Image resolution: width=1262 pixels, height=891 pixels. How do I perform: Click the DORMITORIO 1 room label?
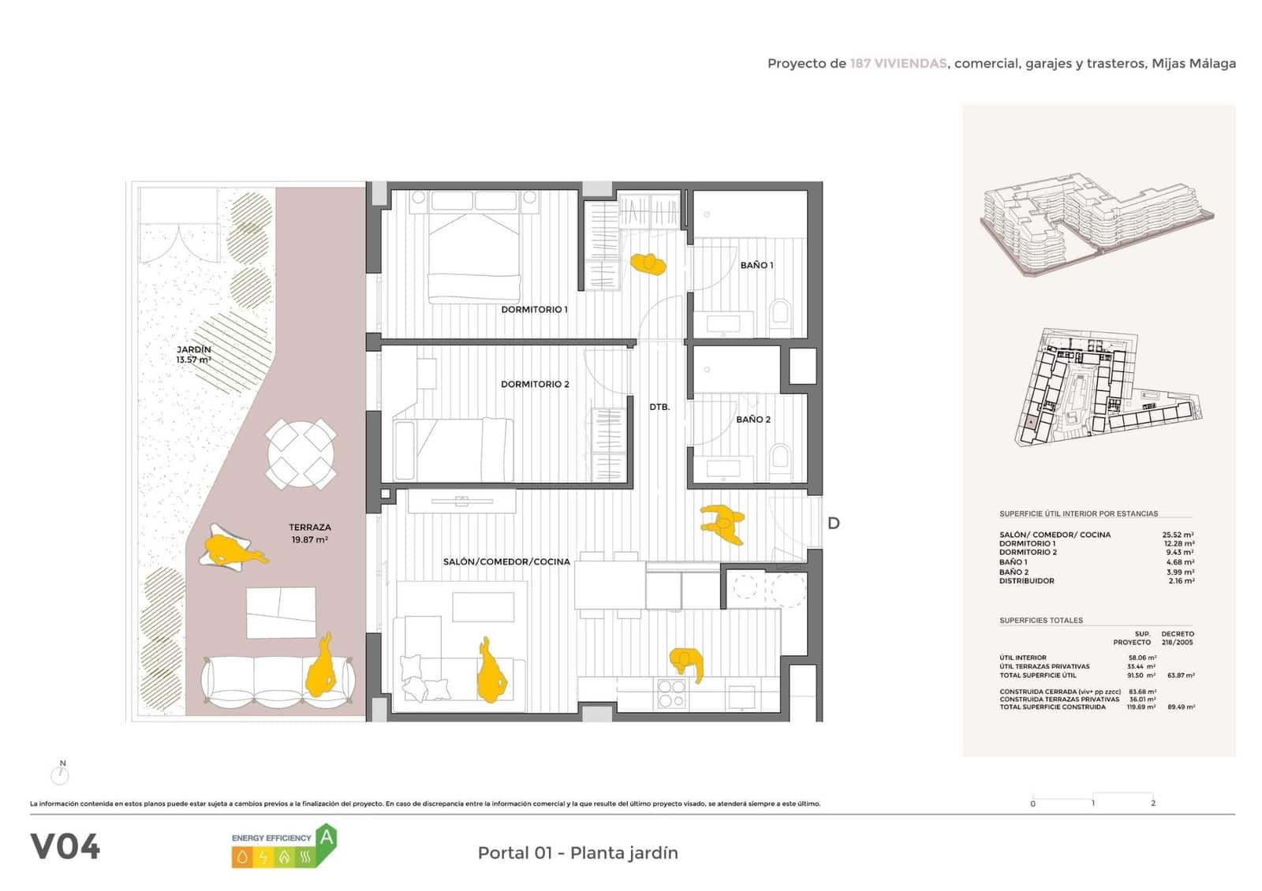pos(534,310)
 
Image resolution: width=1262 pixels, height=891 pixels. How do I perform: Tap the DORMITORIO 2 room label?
pos(535,384)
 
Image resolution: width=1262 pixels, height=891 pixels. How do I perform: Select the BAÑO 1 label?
pos(756,266)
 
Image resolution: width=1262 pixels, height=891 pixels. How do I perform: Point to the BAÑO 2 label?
pos(753,419)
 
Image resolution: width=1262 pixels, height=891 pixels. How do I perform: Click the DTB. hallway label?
pos(659,407)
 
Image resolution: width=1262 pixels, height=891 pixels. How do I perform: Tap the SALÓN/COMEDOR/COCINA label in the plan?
pos(506,562)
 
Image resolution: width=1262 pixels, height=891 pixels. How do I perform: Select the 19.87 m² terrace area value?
pos(309,540)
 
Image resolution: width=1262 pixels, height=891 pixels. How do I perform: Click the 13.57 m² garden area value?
pos(193,360)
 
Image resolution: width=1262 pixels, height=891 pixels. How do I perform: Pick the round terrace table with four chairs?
pos(301,454)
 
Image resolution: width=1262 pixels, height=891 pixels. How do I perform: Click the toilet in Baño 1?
pos(781,314)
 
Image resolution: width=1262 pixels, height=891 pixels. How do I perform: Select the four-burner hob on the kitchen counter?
pos(671,693)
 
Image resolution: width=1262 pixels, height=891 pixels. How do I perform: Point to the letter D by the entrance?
pos(833,524)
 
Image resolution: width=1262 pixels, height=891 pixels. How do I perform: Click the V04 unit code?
pos(65,847)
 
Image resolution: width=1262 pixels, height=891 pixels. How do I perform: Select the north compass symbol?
pos(61,774)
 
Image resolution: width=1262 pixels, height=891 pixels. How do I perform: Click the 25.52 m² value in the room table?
pos(1178,535)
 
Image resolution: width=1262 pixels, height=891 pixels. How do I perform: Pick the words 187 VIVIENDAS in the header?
pos(898,64)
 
